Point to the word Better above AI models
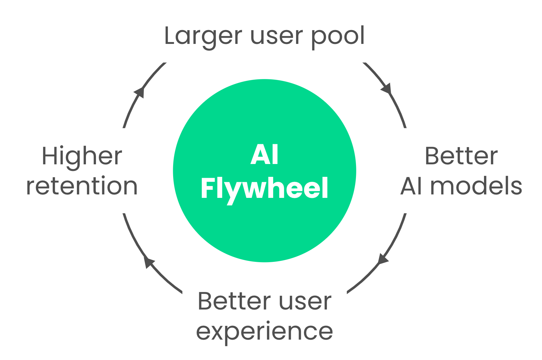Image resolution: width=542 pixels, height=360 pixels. click(x=461, y=156)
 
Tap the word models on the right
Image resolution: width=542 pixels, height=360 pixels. click(x=476, y=186)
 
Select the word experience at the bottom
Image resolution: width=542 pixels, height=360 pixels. click(x=264, y=332)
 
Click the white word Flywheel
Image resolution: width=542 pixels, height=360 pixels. click(x=264, y=188)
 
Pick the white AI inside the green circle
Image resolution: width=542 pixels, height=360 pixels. click(x=264, y=155)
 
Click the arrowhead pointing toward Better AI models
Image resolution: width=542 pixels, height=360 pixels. click(x=386, y=89)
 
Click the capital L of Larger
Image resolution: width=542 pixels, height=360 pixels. click(x=171, y=36)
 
